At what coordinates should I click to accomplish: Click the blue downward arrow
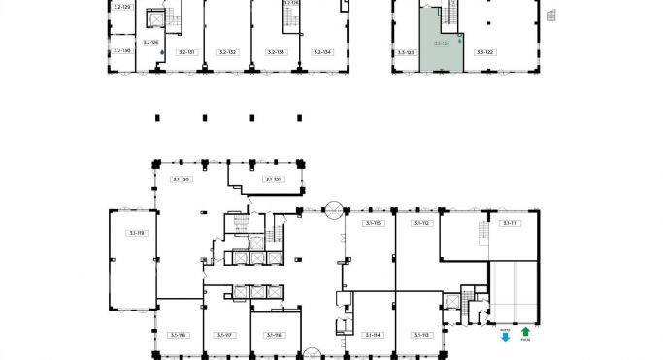[x=505, y=332]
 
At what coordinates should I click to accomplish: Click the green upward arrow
[x=525, y=332]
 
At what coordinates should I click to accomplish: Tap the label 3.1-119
[x=134, y=233]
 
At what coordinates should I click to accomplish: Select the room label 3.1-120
[x=180, y=180]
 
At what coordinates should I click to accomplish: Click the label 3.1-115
[x=372, y=223]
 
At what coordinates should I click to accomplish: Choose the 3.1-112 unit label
[x=420, y=223]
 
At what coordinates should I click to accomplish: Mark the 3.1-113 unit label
[x=420, y=335]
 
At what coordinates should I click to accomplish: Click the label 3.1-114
[x=372, y=335]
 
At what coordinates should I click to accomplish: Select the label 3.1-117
[x=225, y=335]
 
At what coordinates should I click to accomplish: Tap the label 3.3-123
[x=406, y=52]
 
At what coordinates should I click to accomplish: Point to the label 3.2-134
[x=321, y=52]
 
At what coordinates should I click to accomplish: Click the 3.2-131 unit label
[x=186, y=52]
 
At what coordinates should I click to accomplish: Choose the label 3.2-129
[x=121, y=7]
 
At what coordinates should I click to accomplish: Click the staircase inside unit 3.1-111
[x=483, y=233]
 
